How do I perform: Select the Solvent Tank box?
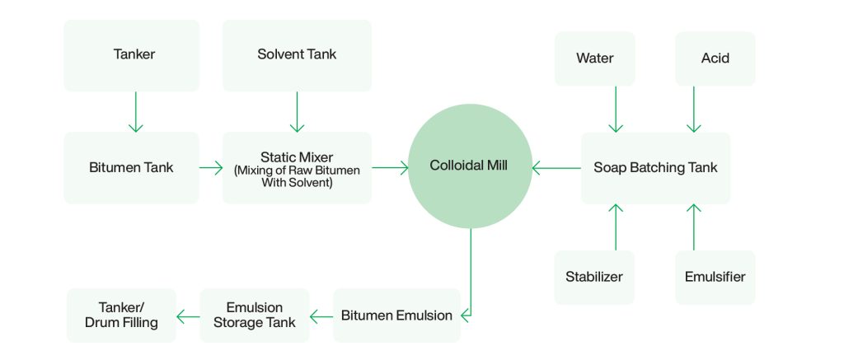(297, 55)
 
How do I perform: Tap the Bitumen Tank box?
(132, 167)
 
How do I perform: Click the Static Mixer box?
(297, 167)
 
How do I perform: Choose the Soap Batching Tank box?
(655, 167)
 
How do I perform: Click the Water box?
(594, 58)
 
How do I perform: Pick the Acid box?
(715, 58)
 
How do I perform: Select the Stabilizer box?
(594, 277)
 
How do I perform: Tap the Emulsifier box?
(715, 277)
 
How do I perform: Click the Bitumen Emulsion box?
(396, 316)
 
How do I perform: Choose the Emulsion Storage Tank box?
(255, 316)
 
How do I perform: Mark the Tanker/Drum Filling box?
(121, 316)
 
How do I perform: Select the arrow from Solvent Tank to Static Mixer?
(297, 111)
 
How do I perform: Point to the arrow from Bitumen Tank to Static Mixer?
(211, 168)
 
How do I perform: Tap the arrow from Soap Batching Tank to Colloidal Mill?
(556, 168)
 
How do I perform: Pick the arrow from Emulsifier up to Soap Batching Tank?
(694, 227)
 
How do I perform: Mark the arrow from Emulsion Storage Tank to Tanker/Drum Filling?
(189, 316)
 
